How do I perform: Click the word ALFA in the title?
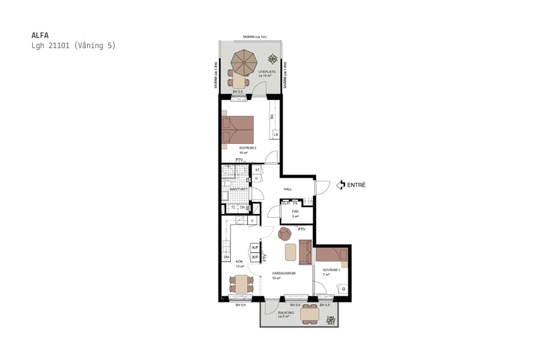click(39, 35)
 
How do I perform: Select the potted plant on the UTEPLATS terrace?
click(273, 59)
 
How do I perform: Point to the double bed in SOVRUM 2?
click(238, 131)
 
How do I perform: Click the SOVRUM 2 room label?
click(247, 148)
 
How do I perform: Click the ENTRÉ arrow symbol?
click(341, 185)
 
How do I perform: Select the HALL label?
click(288, 189)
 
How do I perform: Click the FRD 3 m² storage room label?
click(295, 213)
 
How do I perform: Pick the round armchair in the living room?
click(285, 233)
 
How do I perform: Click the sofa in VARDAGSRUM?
click(305, 251)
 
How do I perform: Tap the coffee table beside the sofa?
click(290, 252)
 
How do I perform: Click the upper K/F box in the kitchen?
click(255, 248)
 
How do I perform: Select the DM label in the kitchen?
click(226, 257)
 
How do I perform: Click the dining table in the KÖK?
click(242, 284)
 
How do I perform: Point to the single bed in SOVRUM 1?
click(331, 255)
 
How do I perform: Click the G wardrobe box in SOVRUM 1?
click(343, 289)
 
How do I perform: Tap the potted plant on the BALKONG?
click(330, 321)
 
